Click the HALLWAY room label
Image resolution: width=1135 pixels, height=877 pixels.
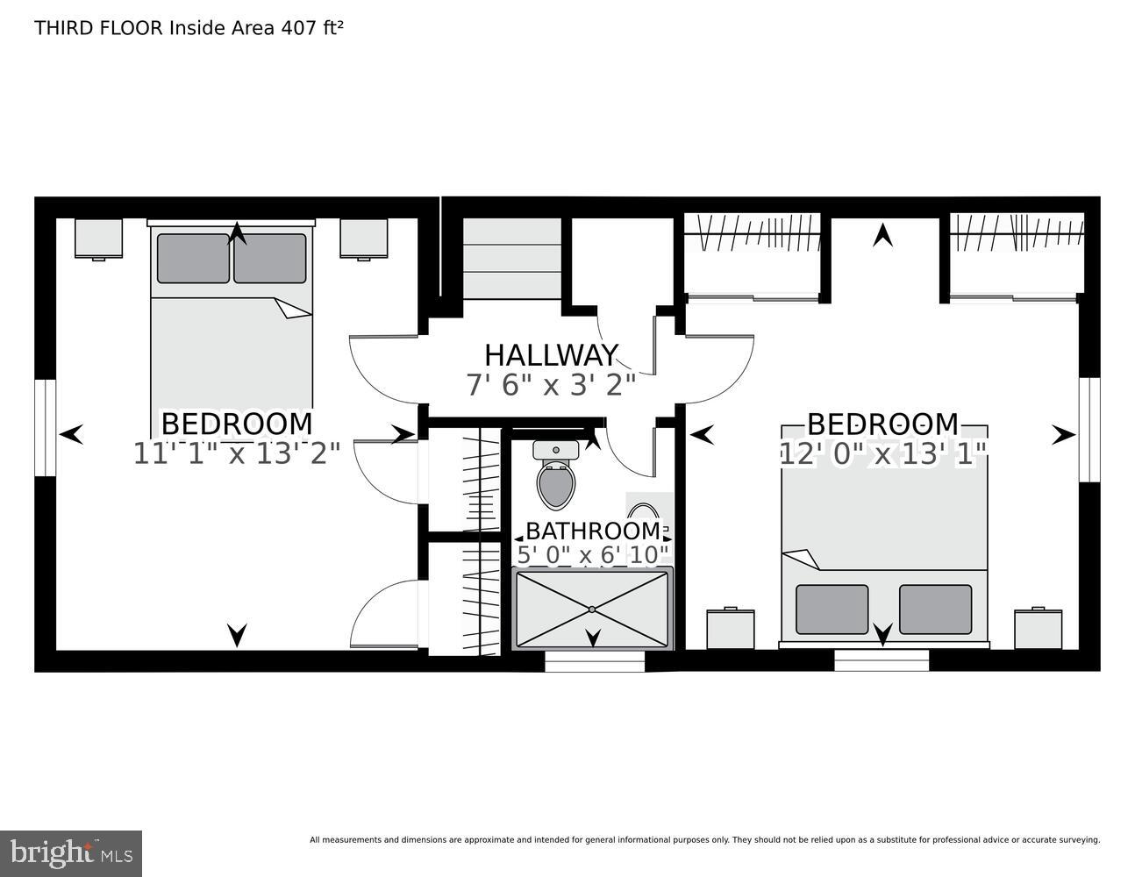tap(551, 355)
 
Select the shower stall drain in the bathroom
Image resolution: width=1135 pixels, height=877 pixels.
tap(592, 609)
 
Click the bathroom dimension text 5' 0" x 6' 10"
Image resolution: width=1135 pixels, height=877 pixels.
tap(593, 554)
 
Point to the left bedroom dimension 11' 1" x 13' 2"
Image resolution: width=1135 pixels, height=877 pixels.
tap(237, 453)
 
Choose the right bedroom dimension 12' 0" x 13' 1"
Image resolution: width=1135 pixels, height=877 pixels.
tap(883, 453)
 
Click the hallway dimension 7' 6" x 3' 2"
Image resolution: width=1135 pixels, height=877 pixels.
tap(551, 384)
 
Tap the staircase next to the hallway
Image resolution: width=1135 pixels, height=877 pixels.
tap(511, 259)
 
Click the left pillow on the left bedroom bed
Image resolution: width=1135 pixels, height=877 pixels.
tap(193, 258)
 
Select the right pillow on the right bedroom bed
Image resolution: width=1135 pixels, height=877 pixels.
tap(935, 609)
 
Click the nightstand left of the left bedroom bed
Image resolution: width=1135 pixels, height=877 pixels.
tap(98, 239)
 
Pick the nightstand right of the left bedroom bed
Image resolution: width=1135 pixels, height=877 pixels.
tap(364, 239)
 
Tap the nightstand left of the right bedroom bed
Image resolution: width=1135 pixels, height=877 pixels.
tap(731, 629)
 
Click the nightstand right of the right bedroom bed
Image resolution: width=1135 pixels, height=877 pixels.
tap(1039, 629)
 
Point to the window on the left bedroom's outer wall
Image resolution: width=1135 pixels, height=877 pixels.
tap(46, 428)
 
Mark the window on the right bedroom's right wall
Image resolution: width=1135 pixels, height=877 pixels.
tap(1089, 430)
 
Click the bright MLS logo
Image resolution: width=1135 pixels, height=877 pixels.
tap(70, 852)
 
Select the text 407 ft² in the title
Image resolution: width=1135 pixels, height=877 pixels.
tap(311, 28)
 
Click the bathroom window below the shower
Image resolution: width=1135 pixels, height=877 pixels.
tap(595, 662)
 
